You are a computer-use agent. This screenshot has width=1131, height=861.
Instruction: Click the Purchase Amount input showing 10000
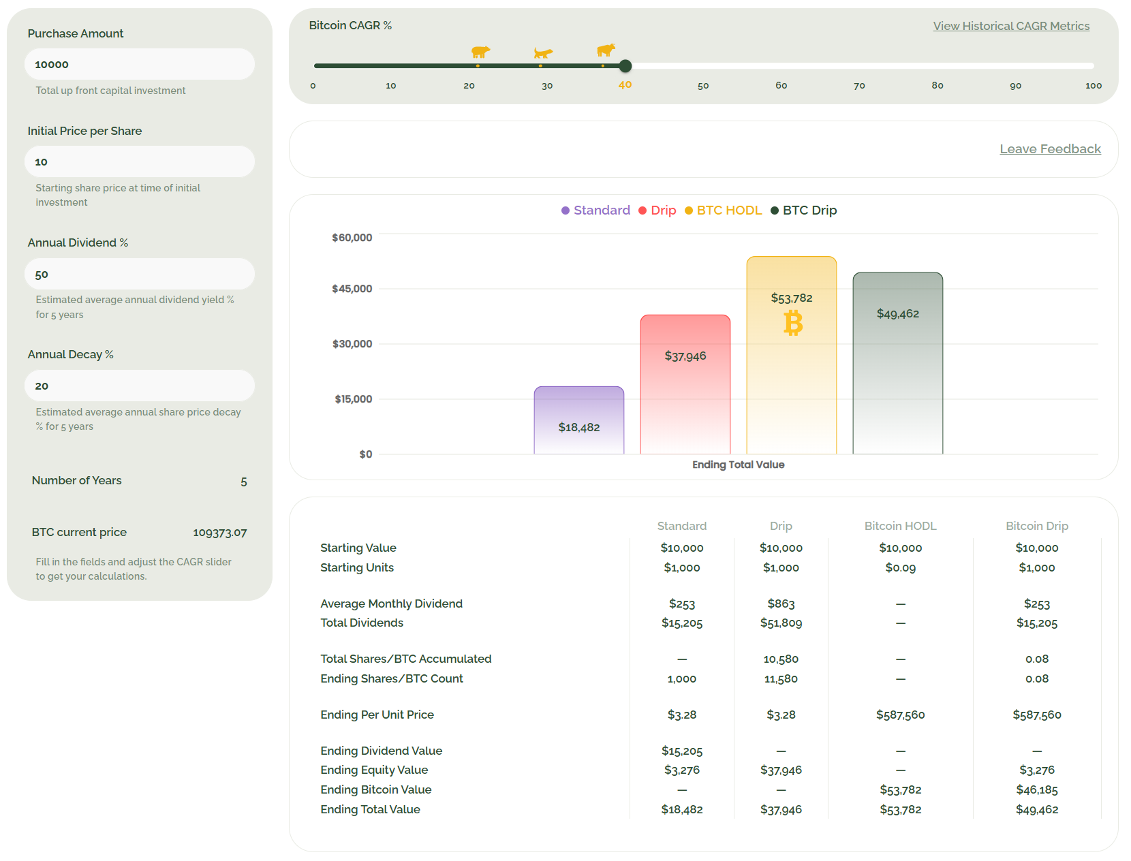tap(139, 64)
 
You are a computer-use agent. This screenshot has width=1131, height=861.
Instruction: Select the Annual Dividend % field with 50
tap(139, 274)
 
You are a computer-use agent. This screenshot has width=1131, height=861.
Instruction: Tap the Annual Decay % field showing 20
tap(139, 386)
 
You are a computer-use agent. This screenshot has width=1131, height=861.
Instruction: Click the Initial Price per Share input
tap(139, 161)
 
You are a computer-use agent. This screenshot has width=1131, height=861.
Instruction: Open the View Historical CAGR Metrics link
tap(1010, 26)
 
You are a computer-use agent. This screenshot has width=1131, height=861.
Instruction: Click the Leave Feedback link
tap(1049, 148)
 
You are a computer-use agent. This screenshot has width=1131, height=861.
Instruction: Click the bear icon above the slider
tap(480, 52)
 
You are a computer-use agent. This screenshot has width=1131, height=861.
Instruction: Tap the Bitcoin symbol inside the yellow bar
tap(792, 323)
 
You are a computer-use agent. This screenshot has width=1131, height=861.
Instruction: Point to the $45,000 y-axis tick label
tap(352, 289)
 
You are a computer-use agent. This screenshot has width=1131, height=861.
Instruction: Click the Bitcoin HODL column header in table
tap(899, 526)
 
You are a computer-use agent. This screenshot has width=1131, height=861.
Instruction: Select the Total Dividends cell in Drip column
tap(781, 623)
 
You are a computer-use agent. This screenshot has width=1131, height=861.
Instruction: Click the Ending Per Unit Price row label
tap(377, 715)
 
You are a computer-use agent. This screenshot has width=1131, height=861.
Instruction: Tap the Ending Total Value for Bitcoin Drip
tap(1036, 809)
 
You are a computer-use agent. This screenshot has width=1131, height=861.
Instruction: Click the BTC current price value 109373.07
tap(219, 533)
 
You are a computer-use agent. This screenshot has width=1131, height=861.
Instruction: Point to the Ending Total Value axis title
tap(738, 465)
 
